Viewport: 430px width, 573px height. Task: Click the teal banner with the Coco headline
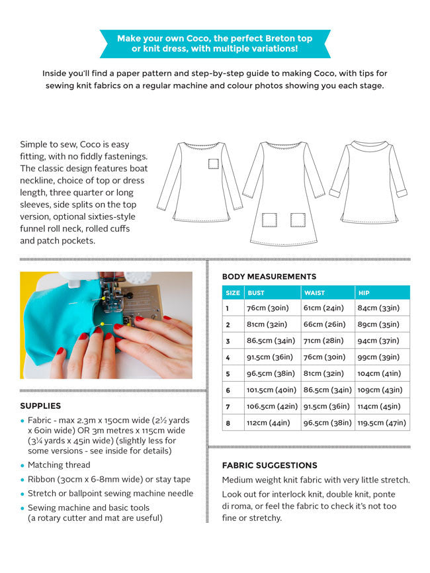coord(215,44)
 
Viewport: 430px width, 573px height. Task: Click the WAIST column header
coord(314,292)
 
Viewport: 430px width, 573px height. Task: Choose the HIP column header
coord(364,292)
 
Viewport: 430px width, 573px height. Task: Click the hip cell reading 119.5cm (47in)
coord(382,422)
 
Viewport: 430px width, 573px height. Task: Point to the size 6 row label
coord(228,390)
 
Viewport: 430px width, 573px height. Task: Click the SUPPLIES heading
coord(40,406)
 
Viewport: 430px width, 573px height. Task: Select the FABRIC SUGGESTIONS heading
coord(269,465)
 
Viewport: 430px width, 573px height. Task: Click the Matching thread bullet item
coord(61,465)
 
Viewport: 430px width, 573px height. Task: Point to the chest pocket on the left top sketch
coord(213,164)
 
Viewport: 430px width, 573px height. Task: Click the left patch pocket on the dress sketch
coord(269,220)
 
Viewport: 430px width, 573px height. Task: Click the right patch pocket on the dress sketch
coord(297,220)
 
